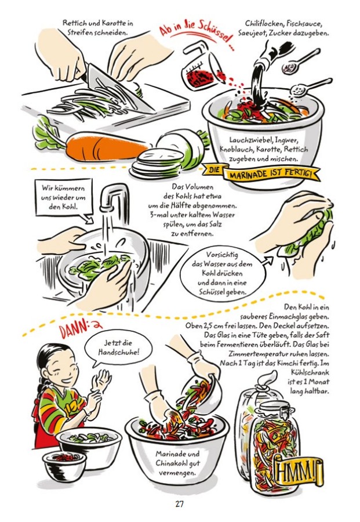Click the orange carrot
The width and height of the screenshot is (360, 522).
(x=107, y=146)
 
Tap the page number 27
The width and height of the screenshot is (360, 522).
(x=179, y=504)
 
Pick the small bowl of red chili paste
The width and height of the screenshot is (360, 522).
(x=64, y=465)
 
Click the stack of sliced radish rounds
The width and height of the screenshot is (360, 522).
(x=157, y=164)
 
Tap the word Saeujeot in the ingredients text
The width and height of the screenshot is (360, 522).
(x=253, y=33)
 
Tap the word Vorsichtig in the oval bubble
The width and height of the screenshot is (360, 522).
(x=221, y=255)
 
